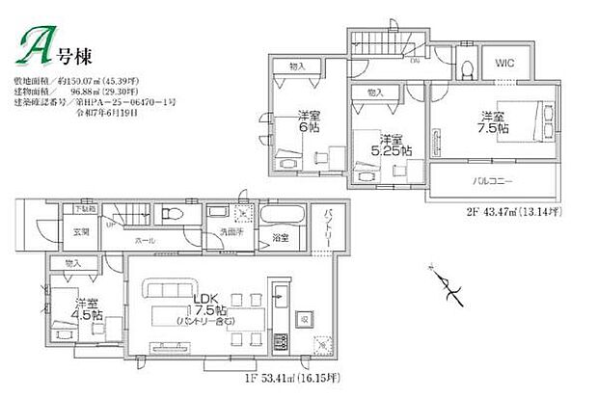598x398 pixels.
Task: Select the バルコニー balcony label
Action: (x=493, y=180)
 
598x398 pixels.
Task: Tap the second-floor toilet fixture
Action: (x=463, y=66)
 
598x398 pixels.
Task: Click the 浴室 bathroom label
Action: (x=281, y=236)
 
